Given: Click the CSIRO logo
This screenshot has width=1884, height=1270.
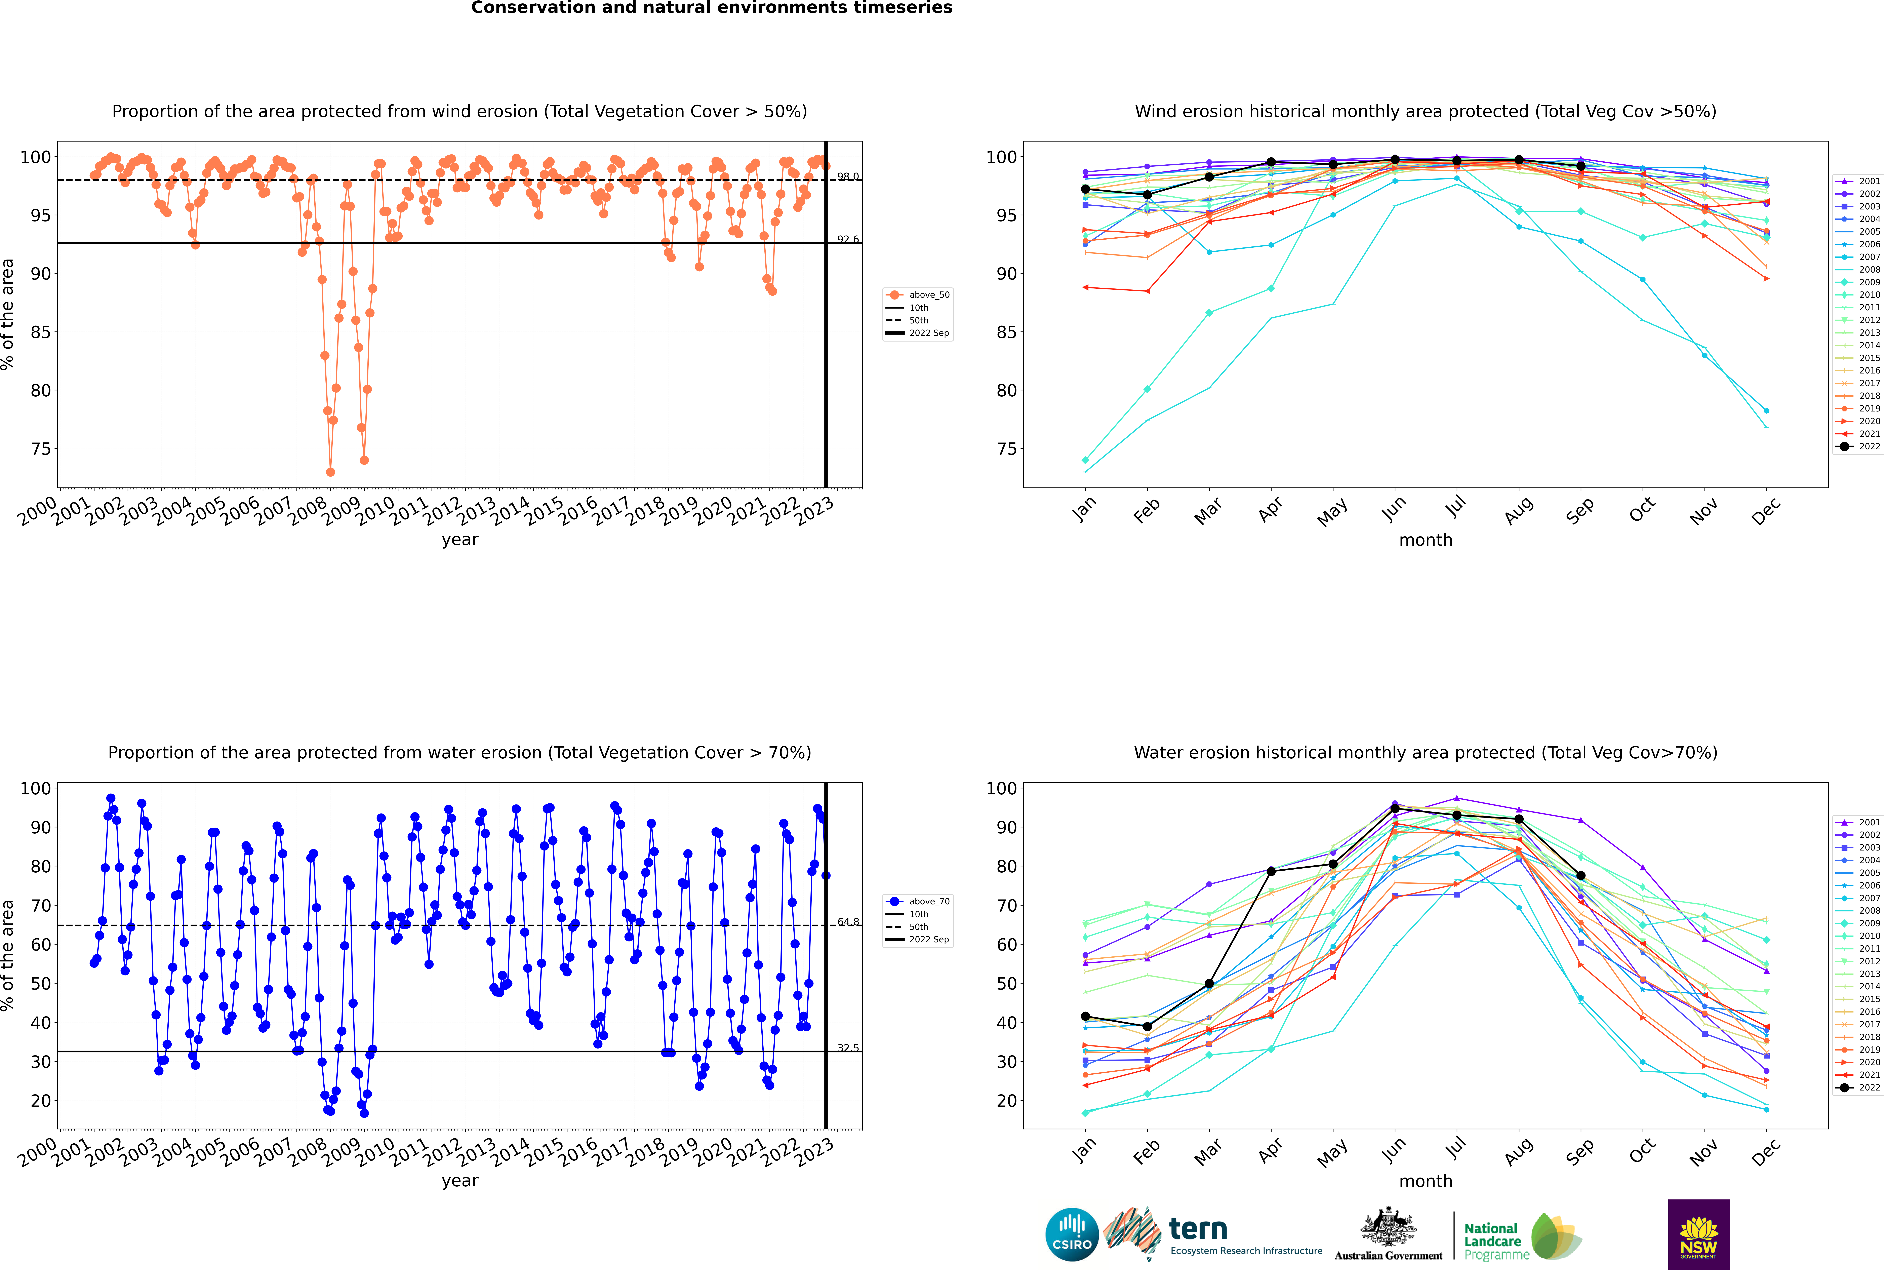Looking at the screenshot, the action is pyautogui.click(x=1072, y=1234).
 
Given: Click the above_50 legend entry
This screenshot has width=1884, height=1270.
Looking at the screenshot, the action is pyautogui.click(x=918, y=295).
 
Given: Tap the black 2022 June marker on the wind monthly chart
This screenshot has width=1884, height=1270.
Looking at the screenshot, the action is pyautogui.click(x=1395, y=160).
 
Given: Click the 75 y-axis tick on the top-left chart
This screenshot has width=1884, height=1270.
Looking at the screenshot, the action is pyautogui.click(x=40, y=449).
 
